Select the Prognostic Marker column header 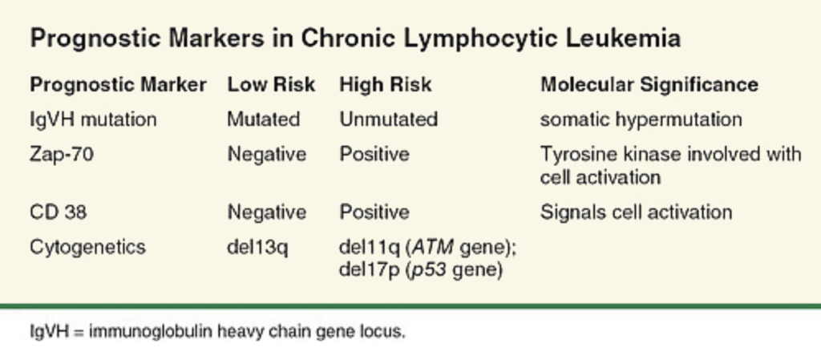coord(119,84)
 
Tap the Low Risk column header coord(271,84)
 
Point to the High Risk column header coord(386,84)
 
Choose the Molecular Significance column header coord(649,84)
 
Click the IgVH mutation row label coord(93,119)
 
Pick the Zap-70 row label coord(62,155)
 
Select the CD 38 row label coord(58,212)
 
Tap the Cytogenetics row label coord(87,246)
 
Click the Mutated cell coord(263,119)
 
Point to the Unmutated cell coord(389,119)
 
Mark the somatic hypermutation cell coord(641,119)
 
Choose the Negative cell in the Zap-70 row coord(266,155)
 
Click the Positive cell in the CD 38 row coord(374,212)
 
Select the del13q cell coord(257,247)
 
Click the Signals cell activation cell coord(636,212)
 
